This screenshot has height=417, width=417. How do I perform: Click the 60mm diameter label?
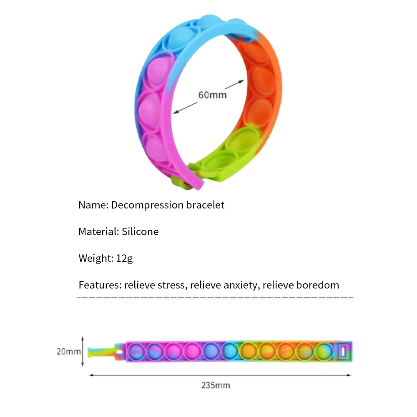212,95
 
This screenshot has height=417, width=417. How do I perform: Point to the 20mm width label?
68,352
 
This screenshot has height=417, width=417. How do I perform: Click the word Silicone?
140,231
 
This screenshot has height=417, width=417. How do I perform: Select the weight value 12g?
124,259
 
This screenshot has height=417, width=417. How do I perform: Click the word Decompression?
147,205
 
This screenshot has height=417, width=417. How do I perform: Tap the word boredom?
317,285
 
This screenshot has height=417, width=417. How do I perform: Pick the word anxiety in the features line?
241,285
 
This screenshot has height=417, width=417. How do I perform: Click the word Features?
99,285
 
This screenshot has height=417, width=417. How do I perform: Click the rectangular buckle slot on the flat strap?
344,351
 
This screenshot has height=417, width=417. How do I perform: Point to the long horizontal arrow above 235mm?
220,375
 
